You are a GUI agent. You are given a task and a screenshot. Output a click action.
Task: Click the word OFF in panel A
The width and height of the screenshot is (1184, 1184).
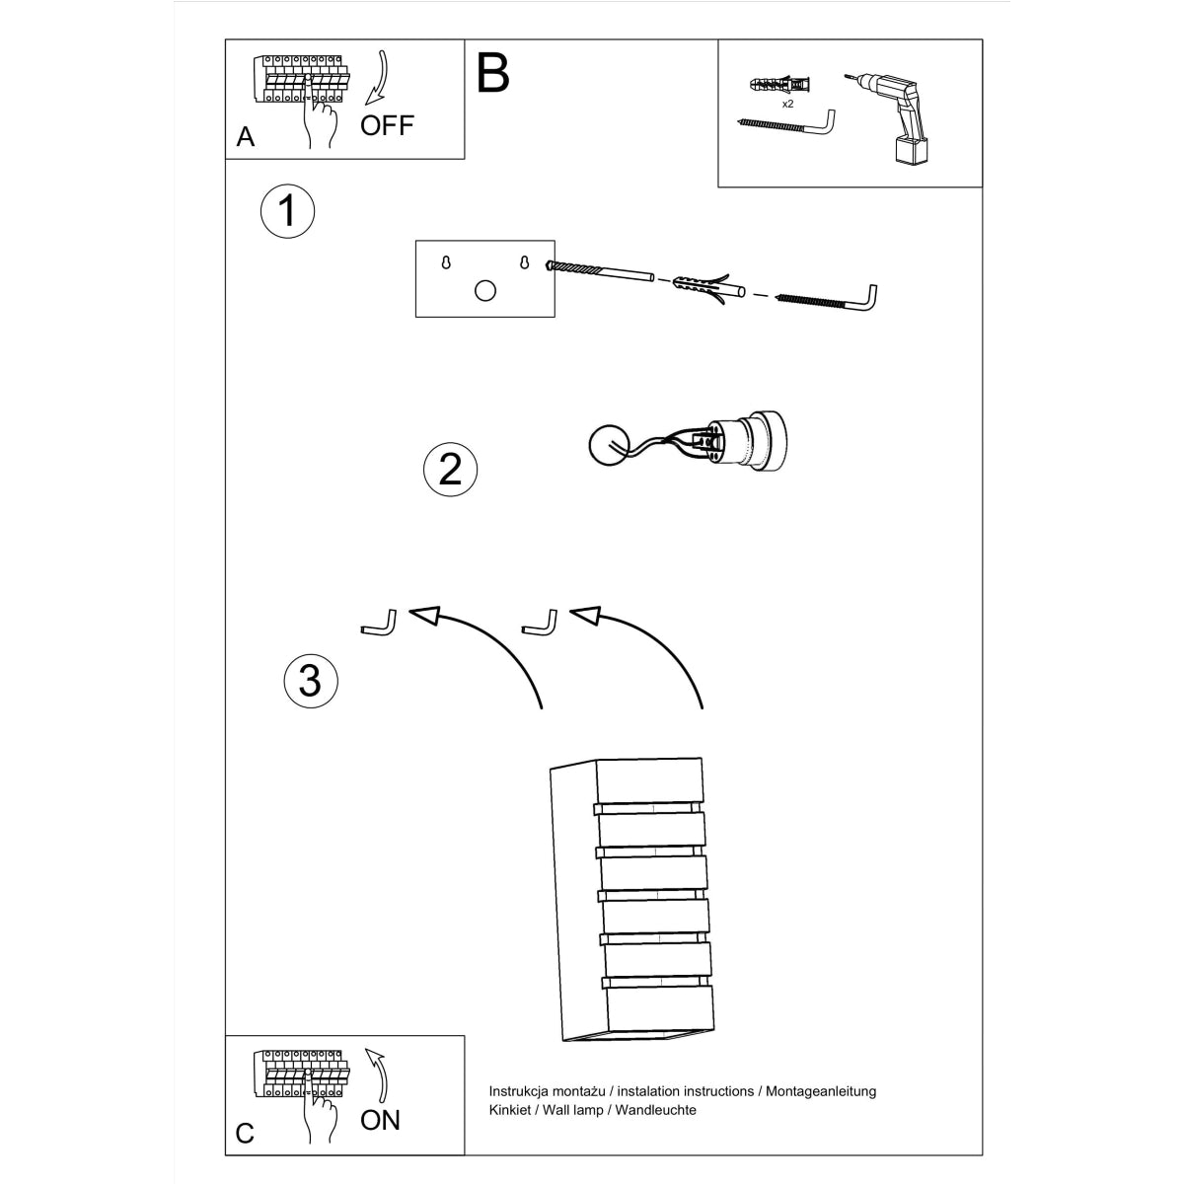coord(387,125)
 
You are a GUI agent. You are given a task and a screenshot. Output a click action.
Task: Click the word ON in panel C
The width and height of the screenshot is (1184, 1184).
coord(380,1120)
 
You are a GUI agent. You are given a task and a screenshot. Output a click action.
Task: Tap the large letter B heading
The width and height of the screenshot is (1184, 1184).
coord(492,73)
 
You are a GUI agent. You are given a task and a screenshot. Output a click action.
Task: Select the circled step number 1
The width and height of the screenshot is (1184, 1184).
coord(287,210)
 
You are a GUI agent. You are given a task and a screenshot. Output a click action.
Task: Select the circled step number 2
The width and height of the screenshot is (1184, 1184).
coord(450,468)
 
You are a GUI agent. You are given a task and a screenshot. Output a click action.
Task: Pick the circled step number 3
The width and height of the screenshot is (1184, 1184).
coord(311,680)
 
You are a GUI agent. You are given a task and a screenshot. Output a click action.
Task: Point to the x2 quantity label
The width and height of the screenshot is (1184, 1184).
coord(787,103)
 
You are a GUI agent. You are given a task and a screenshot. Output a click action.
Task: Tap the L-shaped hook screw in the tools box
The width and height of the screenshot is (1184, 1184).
coord(789,122)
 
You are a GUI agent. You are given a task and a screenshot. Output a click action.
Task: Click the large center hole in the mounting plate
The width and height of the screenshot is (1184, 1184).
coord(485,290)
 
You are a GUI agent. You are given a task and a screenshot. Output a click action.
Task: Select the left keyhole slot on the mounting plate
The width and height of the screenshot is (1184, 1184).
coord(446,262)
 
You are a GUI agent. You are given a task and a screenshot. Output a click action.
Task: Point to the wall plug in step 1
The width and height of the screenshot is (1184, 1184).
coord(704,290)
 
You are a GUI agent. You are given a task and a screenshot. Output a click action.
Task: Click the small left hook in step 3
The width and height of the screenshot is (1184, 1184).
coord(380,624)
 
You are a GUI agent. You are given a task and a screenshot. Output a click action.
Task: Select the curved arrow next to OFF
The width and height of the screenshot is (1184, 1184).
coord(378,78)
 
